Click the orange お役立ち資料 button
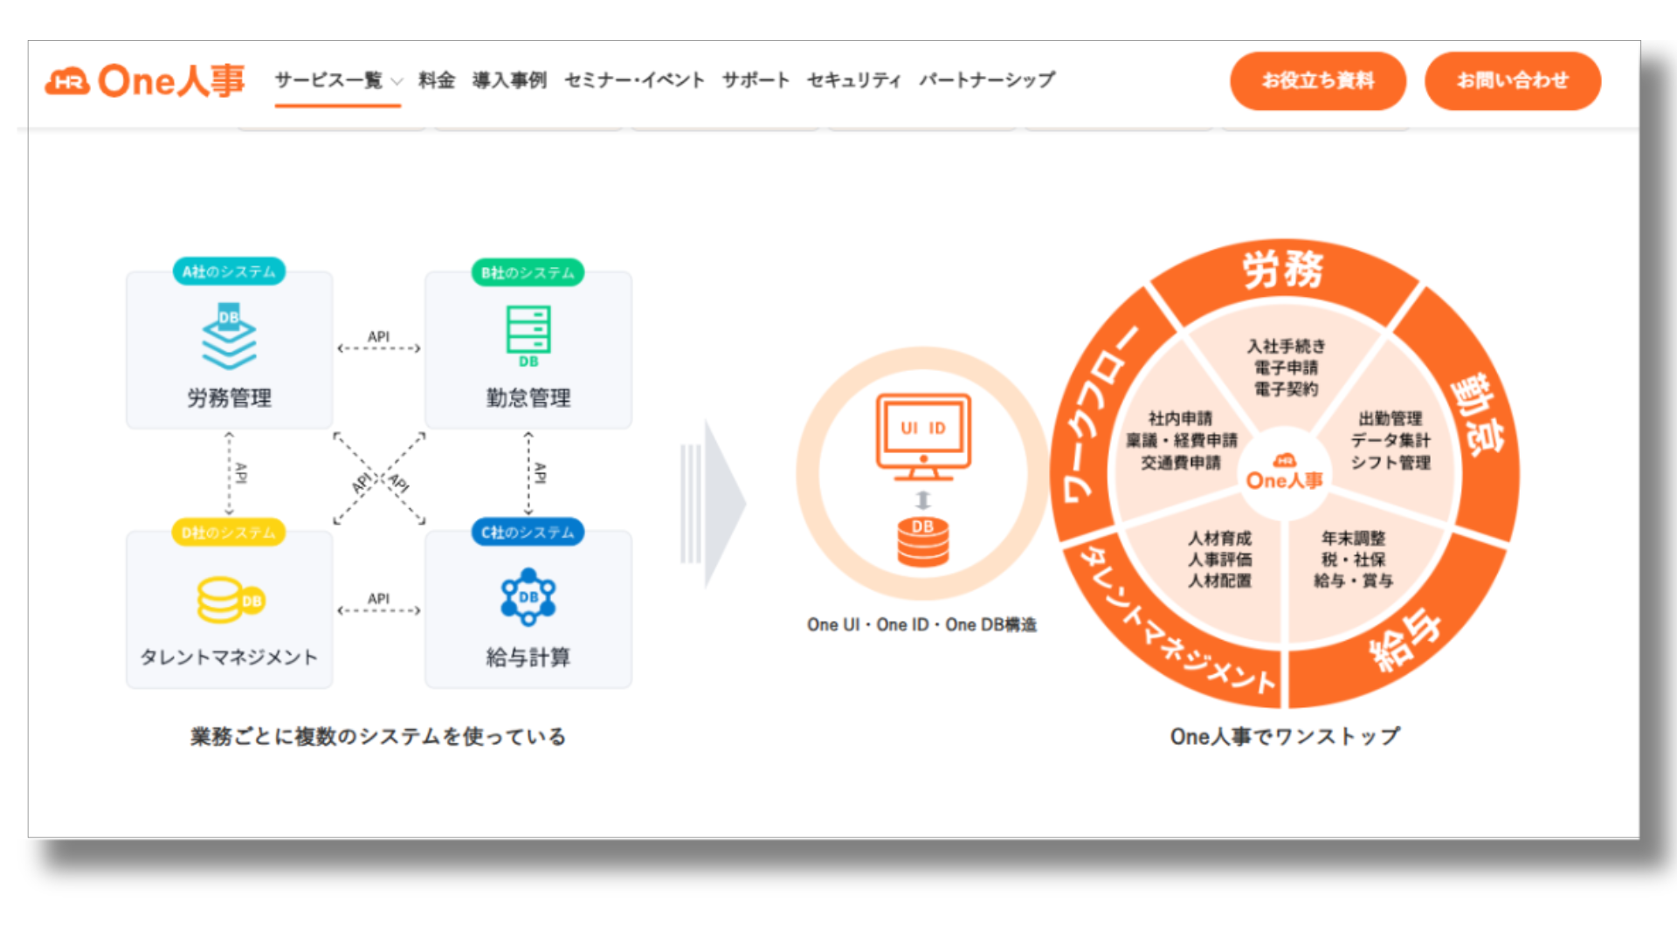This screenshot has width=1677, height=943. pos(1317,81)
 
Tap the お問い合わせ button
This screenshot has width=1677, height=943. pos(1512,81)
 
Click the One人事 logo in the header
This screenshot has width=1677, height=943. pos(145,81)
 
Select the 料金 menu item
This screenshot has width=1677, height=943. pos(437,80)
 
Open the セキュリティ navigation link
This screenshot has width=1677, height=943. pos(853,80)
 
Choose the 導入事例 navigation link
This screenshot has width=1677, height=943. pos(509,80)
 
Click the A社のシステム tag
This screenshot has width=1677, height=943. pos(229,272)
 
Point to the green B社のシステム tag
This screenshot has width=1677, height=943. pos(528,272)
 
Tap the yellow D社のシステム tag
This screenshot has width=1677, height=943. pos(229,532)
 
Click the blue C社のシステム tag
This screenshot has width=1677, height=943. pos(528,532)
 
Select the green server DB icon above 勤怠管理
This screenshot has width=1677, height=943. pos(528,335)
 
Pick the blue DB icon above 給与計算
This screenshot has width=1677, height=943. pos(528,597)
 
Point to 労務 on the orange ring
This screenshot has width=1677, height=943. pos(1283,269)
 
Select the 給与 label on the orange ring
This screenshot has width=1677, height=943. pos(1403,639)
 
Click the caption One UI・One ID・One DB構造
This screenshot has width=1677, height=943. pos(921,624)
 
